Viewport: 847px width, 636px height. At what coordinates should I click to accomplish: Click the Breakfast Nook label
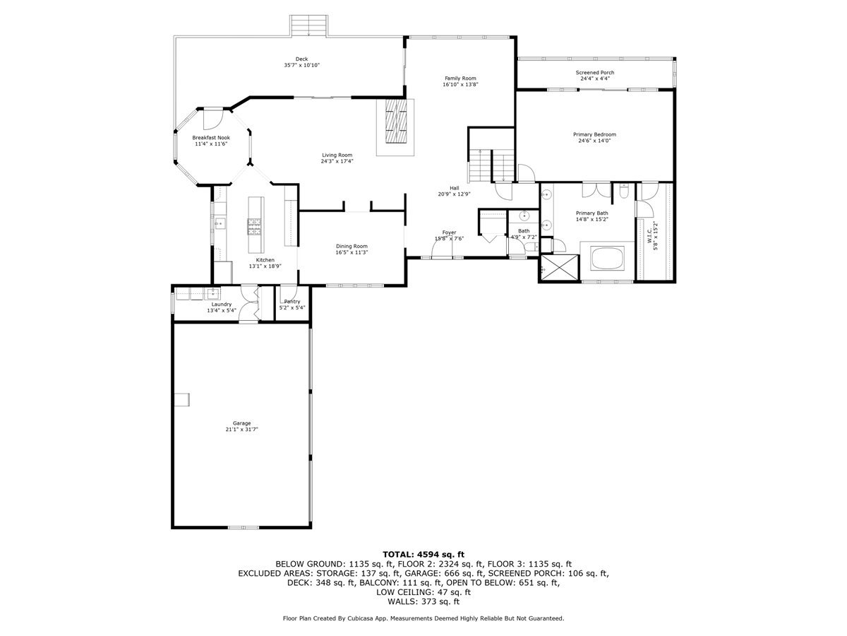tap(212, 138)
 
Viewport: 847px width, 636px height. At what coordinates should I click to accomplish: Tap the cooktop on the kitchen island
tap(254, 226)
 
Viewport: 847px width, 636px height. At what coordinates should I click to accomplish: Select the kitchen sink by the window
tap(219, 225)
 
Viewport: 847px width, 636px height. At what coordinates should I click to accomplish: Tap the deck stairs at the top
tap(310, 27)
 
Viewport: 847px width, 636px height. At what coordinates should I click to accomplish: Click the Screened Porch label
tap(594, 73)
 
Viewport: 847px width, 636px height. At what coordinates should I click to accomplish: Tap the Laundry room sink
tap(212, 293)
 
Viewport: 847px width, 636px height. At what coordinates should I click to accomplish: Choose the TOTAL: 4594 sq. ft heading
tap(423, 554)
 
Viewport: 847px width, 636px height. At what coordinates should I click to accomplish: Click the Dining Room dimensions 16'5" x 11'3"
tap(352, 252)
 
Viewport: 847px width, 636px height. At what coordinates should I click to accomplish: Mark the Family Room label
tap(460, 78)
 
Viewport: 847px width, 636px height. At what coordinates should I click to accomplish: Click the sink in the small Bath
tap(523, 216)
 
